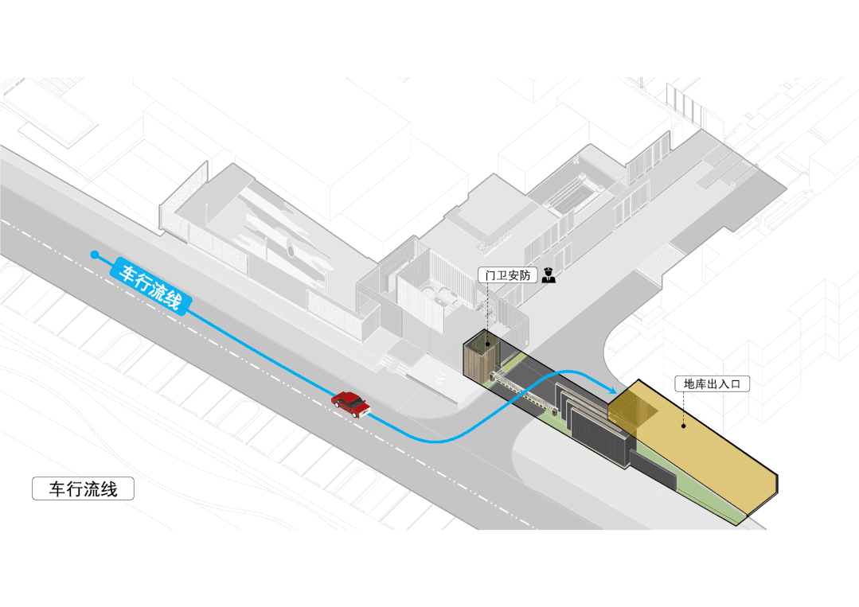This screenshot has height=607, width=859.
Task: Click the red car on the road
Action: coord(350,403)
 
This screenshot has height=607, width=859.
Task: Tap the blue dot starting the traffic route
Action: coord(95,255)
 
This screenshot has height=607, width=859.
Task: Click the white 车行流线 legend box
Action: coord(83,488)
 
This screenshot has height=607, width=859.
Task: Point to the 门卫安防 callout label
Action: coord(509,275)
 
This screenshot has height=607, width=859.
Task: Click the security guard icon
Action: coord(549,276)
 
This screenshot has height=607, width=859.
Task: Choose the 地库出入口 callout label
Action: coord(713,383)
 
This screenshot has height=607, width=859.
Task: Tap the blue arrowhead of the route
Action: coord(611,390)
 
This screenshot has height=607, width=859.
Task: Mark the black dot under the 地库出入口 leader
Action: coord(683,426)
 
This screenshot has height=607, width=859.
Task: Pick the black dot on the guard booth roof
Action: coord(485,343)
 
